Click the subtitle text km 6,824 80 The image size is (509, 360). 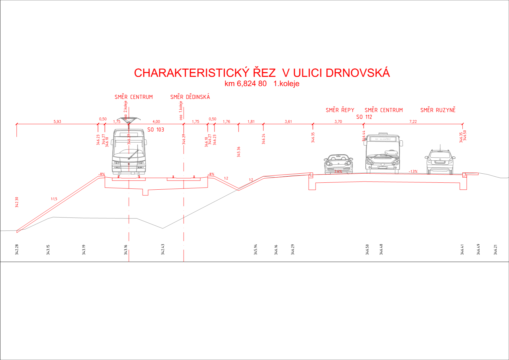246,84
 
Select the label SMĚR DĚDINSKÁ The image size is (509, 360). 190,97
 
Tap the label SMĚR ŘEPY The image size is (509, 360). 340,110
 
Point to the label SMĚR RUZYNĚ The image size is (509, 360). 438,110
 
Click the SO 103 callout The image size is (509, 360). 156,130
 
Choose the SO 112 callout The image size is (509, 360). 364,117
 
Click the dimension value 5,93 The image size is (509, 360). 57,122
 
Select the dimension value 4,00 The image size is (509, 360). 156,122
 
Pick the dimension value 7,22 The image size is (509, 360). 413,122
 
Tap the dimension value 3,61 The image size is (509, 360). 288,122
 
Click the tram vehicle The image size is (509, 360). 129,152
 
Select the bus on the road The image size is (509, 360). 383,153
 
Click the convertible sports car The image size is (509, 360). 338,164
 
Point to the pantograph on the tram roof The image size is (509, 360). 129,119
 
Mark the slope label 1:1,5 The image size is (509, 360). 54,199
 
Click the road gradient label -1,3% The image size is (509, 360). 413,171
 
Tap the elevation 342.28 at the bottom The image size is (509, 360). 17,250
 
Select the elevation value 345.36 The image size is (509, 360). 239,152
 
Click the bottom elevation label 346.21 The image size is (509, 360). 495,250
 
